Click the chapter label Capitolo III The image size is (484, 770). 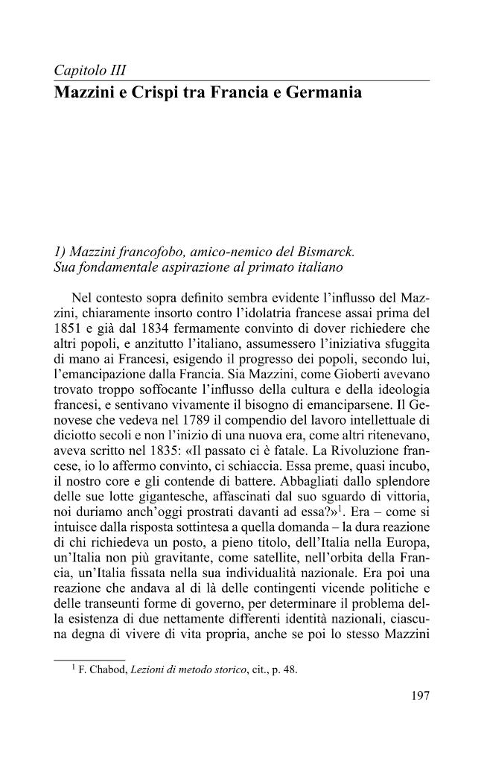pyautogui.click(x=89, y=71)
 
